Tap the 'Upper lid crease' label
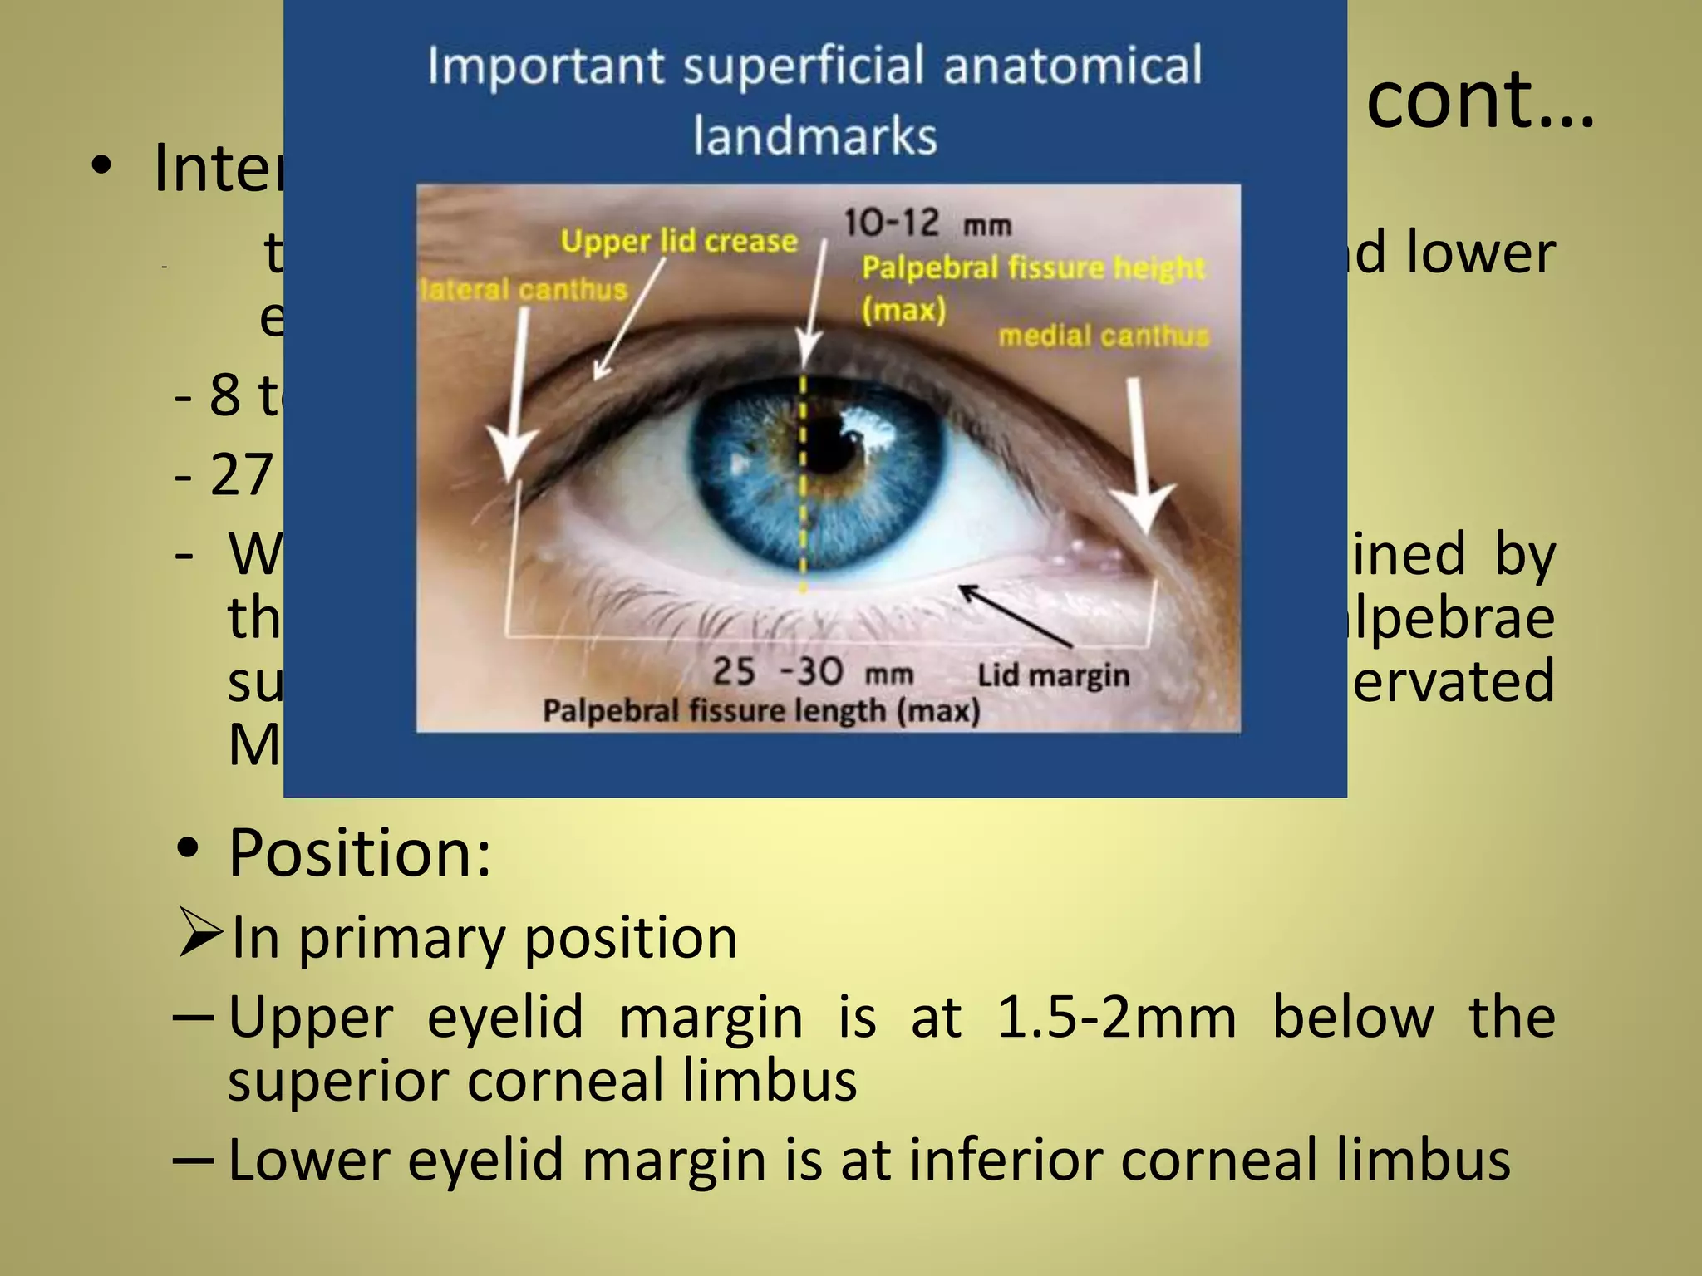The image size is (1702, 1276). tap(678, 241)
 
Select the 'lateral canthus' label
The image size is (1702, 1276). tap(524, 290)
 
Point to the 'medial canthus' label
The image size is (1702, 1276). tap(1104, 336)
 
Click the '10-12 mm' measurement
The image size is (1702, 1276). tap(927, 223)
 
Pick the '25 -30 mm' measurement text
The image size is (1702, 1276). tap(812, 671)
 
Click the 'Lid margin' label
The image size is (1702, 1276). tap(1053, 675)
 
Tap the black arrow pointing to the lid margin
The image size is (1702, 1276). tap(1016, 616)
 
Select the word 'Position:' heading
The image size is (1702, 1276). tap(360, 853)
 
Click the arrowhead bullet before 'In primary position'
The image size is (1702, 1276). tap(199, 934)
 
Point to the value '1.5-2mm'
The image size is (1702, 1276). tap(1116, 1017)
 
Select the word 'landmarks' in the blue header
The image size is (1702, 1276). tap(815, 135)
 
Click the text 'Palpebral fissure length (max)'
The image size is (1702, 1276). tap(761, 711)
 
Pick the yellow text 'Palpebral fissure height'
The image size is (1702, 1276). tap(1032, 267)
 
